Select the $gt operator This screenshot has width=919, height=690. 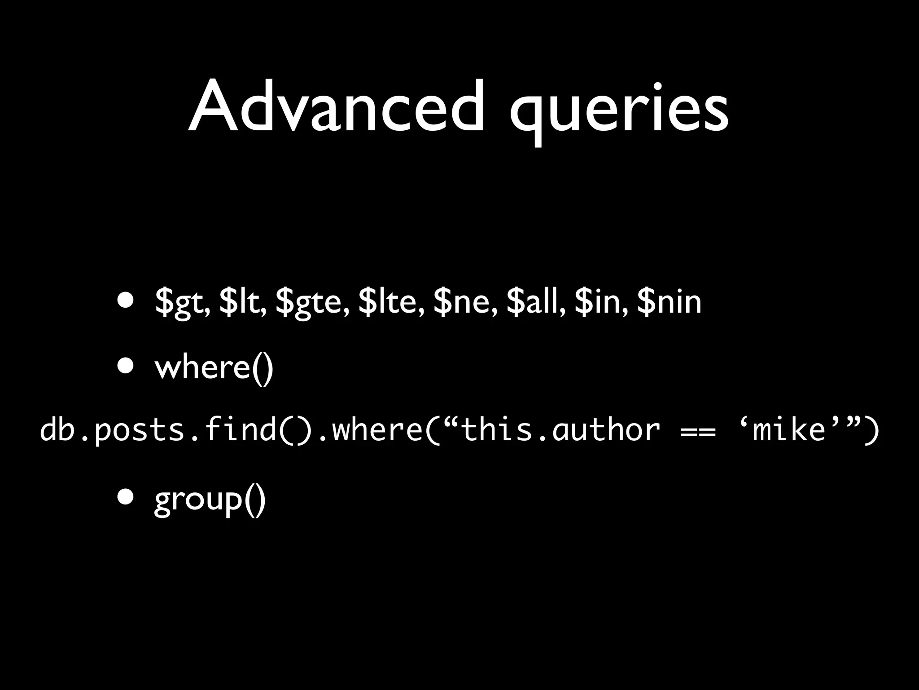pyautogui.click(x=181, y=303)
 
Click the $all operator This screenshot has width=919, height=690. pyautogui.click(x=536, y=302)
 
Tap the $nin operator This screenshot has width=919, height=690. pyautogui.click(x=669, y=302)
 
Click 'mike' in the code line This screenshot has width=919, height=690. pyautogui.click(x=789, y=430)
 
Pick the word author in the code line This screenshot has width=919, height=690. pyautogui.click(x=606, y=430)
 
